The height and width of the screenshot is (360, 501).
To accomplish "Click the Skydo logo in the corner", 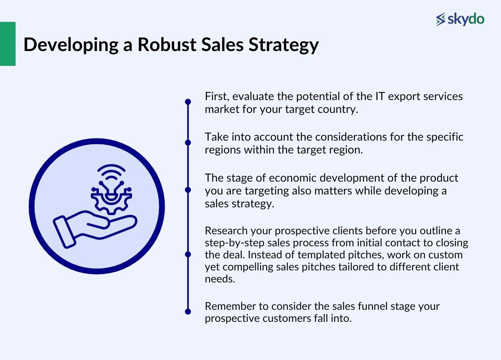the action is pos(460,19).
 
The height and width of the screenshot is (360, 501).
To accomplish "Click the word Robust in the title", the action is pos(167,45).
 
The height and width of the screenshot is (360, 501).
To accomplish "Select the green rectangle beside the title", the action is pos(8,44).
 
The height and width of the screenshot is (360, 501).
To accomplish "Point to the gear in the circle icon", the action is pos(111,201).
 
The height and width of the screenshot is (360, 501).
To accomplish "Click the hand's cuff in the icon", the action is pos(64,232).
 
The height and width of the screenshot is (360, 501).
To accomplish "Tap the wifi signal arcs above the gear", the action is pos(111,172).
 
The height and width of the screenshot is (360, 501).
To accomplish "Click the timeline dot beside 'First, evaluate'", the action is pos(188,102).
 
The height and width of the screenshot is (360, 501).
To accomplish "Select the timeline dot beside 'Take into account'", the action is pos(188,143).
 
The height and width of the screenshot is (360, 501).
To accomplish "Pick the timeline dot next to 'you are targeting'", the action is pos(188,190).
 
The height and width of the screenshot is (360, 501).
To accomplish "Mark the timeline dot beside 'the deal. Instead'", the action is pos(188,254).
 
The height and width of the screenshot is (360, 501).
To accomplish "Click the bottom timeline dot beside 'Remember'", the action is pos(188,311).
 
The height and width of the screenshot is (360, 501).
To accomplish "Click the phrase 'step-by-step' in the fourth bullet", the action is pos(234,243).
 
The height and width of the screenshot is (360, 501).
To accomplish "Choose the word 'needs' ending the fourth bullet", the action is pos(220,279).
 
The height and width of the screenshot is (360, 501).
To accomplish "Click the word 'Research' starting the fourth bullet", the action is pos(226,231).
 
